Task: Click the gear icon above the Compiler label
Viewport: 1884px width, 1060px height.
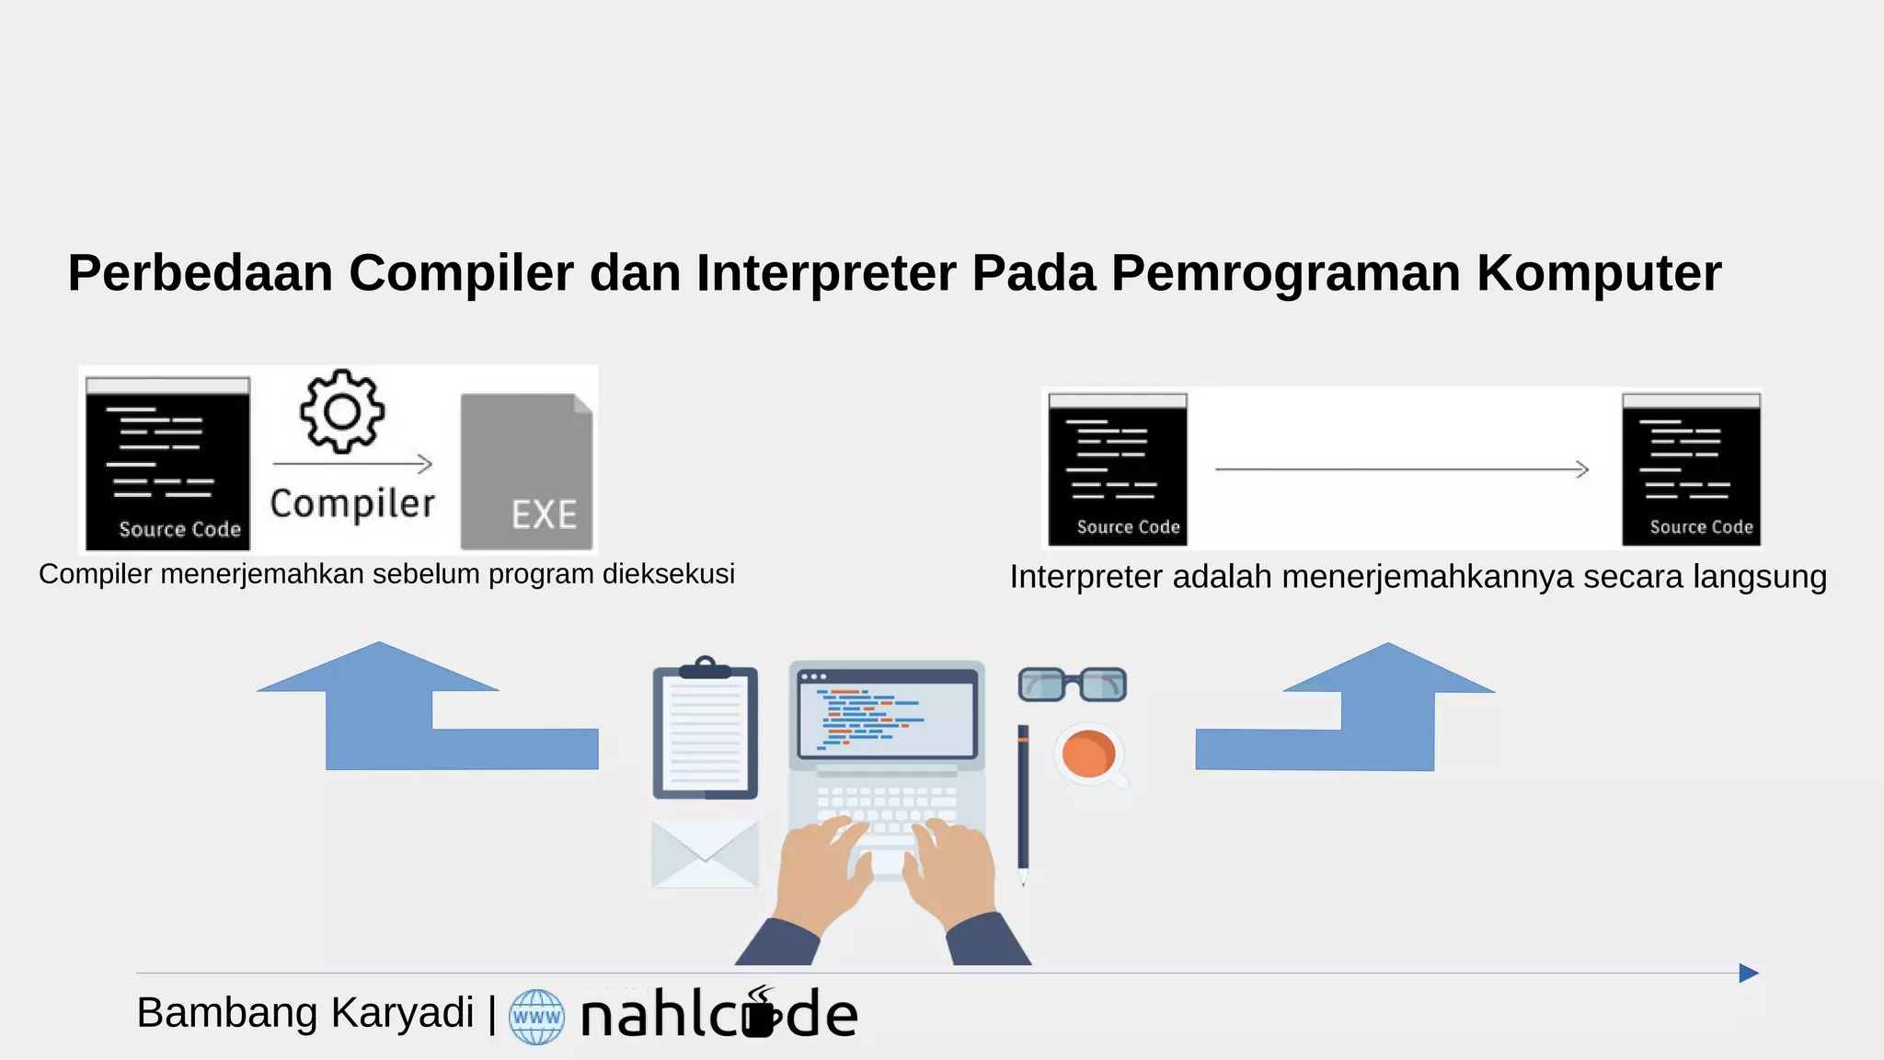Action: point(342,411)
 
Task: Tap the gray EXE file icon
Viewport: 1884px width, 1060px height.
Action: point(526,472)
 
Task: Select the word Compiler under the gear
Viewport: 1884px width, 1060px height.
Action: point(352,504)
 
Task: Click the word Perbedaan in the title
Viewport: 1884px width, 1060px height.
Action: point(201,273)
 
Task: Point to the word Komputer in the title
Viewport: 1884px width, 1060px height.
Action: point(1599,273)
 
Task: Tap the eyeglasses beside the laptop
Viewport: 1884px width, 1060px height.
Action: point(1072,685)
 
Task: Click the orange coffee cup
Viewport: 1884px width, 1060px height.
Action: point(1089,754)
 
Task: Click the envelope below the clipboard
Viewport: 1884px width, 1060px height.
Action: point(705,854)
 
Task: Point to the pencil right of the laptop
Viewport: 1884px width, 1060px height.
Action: point(1023,801)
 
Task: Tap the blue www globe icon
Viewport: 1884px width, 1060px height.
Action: point(536,1017)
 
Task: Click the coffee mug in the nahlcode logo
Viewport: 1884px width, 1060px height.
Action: point(759,1014)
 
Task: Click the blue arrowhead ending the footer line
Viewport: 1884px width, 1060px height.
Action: point(1748,973)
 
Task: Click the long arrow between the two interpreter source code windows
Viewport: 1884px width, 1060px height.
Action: point(1402,469)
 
